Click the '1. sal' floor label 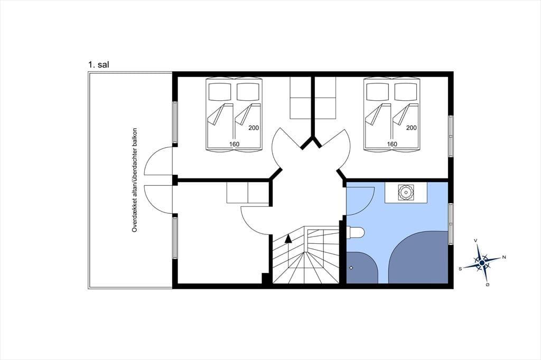click(x=98, y=64)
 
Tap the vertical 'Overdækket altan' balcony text click(x=135, y=180)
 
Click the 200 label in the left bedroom click(x=254, y=128)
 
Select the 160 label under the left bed click(x=234, y=144)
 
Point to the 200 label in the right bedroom click(x=411, y=128)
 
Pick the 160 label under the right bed click(x=392, y=144)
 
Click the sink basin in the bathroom click(x=405, y=193)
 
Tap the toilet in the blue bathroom click(x=356, y=232)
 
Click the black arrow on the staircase click(x=288, y=238)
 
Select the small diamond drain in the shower click(x=351, y=268)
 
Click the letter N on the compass click(x=503, y=257)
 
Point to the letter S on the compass click(x=460, y=269)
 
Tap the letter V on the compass click(x=476, y=240)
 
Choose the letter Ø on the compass click(x=488, y=285)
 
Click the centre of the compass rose click(x=482, y=263)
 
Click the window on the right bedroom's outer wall click(x=451, y=137)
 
